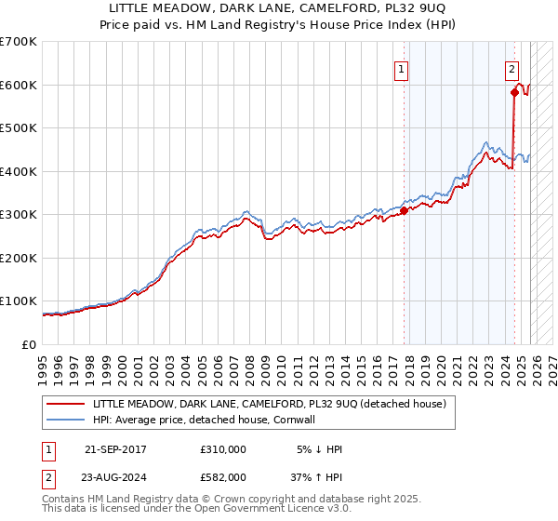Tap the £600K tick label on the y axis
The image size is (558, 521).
pos(19,85)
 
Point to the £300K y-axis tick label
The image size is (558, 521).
pos(19,215)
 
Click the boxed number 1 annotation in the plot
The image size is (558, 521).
pos(402,68)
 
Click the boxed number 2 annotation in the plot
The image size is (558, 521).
pos(512,68)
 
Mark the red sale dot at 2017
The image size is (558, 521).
pos(404,210)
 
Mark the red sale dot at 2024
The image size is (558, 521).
pos(513,92)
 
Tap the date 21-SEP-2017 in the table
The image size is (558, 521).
pos(115,449)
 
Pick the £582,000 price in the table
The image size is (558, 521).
pos(223,477)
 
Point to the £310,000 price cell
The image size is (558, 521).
pos(223,449)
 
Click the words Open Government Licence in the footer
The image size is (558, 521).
pos(264,509)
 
